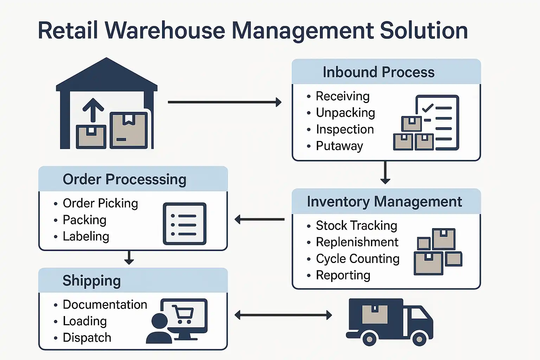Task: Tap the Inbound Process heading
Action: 379,72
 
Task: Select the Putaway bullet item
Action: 339,146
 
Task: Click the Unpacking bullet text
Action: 345,113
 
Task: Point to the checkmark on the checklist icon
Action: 428,108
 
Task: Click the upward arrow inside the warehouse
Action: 93,109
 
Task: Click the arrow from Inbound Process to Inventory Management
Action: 385,173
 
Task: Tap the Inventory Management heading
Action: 384,202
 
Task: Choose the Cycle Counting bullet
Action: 358,259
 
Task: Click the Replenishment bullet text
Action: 357,242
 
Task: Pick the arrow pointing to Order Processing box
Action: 259,219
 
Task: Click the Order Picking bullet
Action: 100,204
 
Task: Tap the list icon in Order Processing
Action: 185,224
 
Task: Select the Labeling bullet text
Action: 86,237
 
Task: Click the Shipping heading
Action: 91,281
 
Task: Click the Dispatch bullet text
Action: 87,338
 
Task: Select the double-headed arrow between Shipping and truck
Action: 283,315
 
